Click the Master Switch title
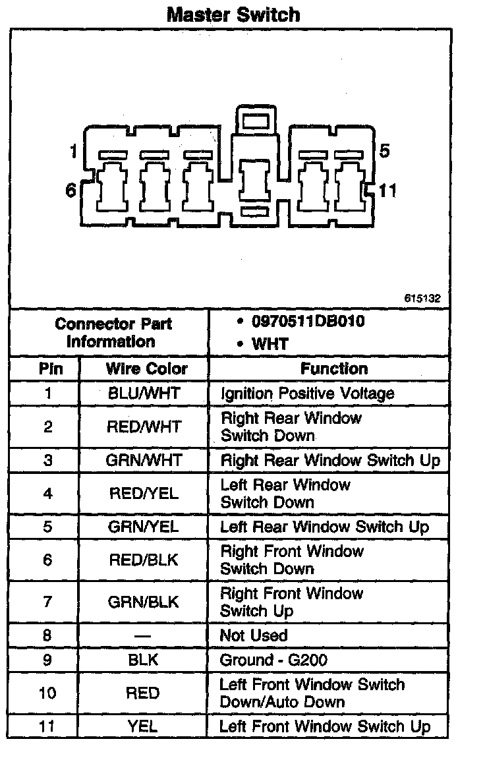[233, 15]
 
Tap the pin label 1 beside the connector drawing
[73, 152]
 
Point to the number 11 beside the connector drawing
[388, 191]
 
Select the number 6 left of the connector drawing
[71, 190]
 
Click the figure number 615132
[422, 299]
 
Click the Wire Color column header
[146, 368]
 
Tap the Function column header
[334, 368]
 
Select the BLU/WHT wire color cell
[144, 394]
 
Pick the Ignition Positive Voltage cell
[307, 394]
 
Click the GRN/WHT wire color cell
[143, 460]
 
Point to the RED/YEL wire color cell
[143, 493]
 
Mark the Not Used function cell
[254, 635]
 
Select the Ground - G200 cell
[273, 660]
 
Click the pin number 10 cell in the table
[47, 693]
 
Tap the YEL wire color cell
[143, 726]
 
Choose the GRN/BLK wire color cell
[143, 602]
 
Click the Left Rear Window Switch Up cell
[324, 527]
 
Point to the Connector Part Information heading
[113, 333]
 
